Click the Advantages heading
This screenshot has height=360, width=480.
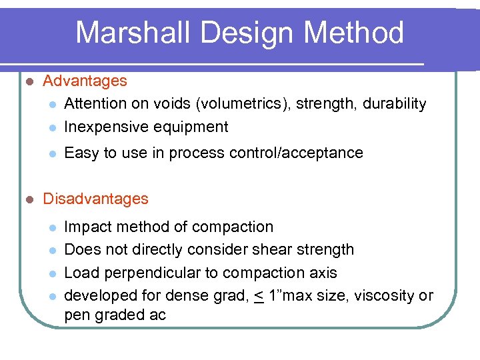85,81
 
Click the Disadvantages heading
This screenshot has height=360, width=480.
95,199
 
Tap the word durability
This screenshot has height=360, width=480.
395,104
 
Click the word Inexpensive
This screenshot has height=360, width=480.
107,127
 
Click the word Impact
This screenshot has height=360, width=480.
85,227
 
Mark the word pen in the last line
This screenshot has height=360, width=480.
77,315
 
